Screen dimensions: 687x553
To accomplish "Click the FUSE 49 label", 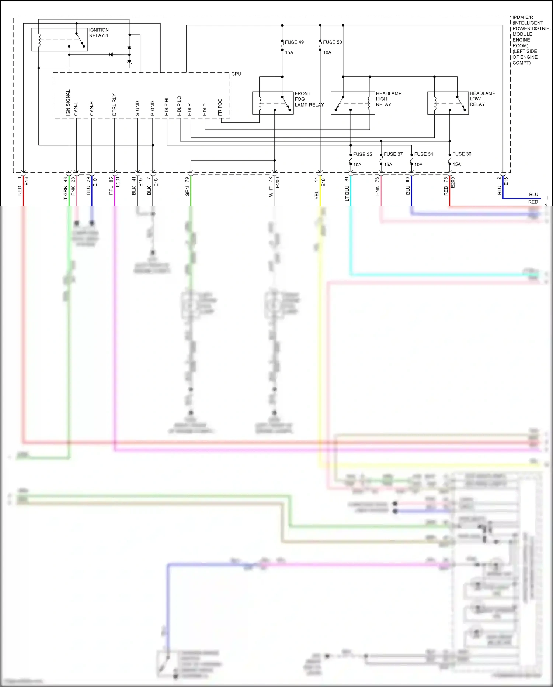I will pyautogui.click(x=294, y=42).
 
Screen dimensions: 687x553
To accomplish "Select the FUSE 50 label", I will pyautogui.click(x=332, y=42).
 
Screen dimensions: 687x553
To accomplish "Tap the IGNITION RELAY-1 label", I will pyautogui.click(x=98, y=33).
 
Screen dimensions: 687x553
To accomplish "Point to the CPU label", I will pyautogui.click(x=236, y=74).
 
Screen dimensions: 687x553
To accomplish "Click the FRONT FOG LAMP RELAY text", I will pyautogui.click(x=309, y=99).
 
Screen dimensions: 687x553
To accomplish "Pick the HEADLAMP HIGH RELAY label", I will pyautogui.click(x=388, y=99).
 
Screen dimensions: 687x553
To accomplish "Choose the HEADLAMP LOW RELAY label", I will pyautogui.click(x=482, y=99).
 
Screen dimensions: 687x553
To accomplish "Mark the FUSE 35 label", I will pyautogui.click(x=362, y=154).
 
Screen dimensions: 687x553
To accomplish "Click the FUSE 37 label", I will pyautogui.click(x=393, y=154).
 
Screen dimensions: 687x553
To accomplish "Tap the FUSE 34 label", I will pyautogui.click(x=424, y=154).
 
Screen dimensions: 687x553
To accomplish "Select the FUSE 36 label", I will pyautogui.click(x=462, y=154).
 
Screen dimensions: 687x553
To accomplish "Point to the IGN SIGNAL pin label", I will pyautogui.click(x=68, y=103).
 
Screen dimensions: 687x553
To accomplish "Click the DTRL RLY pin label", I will pyautogui.click(x=114, y=104).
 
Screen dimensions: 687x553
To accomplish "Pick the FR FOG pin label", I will pyautogui.click(x=220, y=107).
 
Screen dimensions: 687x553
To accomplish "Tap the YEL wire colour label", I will pyautogui.click(x=316, y=196).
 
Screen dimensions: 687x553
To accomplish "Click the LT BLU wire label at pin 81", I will pyautogui.click(x=347, y=193).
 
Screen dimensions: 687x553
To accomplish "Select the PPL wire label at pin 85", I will pyautogui.click(x=111, y=191).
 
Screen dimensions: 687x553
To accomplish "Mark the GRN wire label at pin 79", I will pyautogui.click(x=187, y=191).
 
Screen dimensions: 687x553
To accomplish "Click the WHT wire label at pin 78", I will pyautogui.click(x=271, y=192).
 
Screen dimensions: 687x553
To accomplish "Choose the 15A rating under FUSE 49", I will pyautogui.click(x=289, y=52).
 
